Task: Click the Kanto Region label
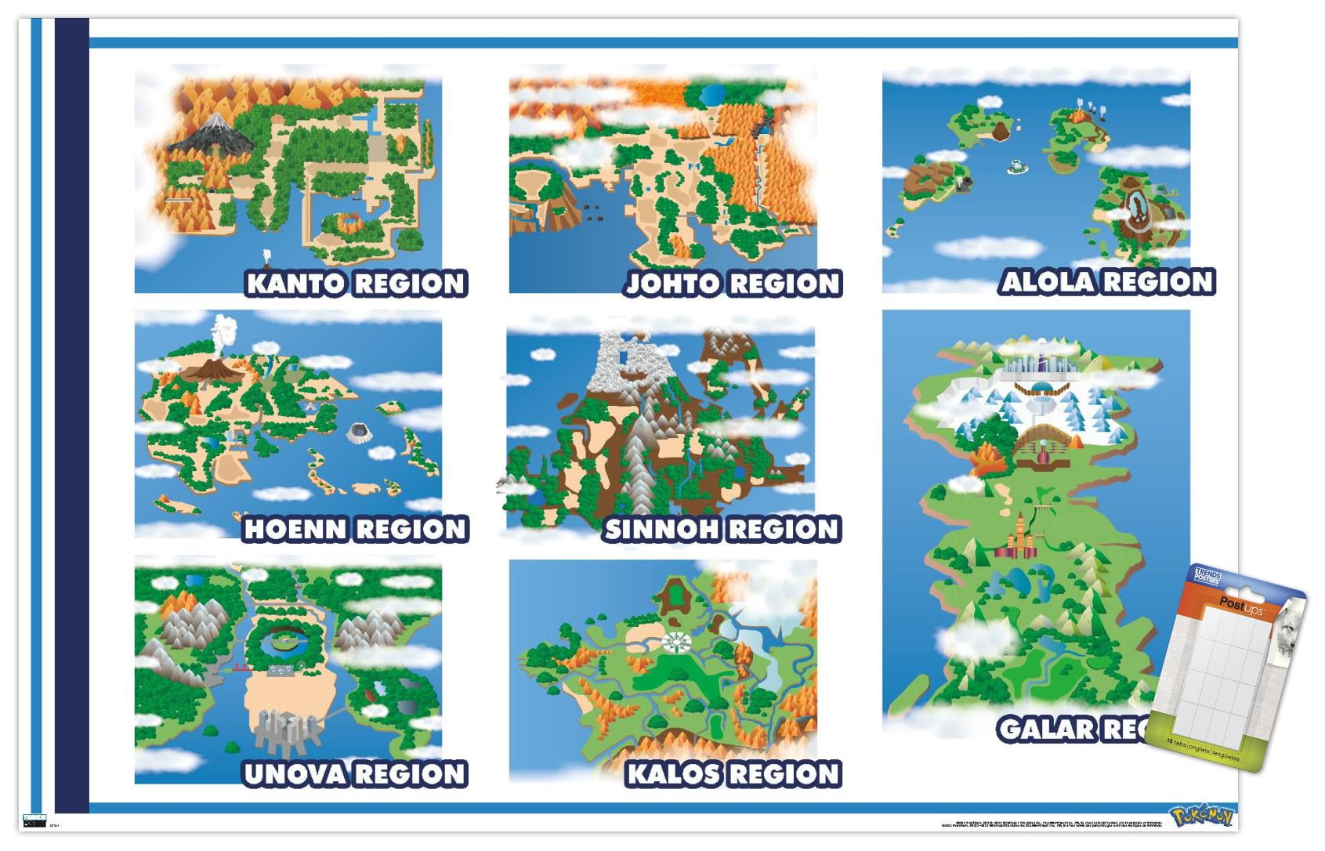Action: coord(357,284)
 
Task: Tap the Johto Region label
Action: coord(733,284)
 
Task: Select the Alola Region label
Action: coord(1107,282)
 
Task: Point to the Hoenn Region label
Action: coord(356,530)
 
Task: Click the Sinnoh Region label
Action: coord(722,530)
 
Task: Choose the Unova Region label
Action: coord(356,775)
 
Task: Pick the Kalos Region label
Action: coord(733,775)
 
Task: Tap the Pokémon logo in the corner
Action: coord(1203,817)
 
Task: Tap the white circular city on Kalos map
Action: coord(673,643)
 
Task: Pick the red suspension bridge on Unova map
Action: coord(240,668)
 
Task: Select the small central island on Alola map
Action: coord(1017,167)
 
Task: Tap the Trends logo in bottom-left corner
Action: coord(34,820)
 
